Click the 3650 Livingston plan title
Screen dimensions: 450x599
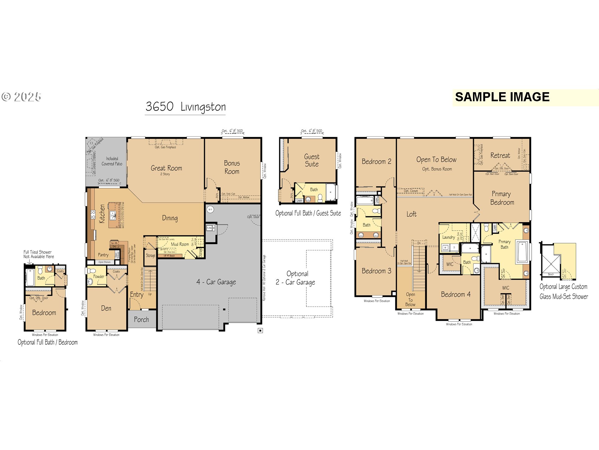coord(185,107)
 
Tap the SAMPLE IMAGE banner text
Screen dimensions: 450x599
coord(502,97)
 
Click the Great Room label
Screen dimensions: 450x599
coord(166,168)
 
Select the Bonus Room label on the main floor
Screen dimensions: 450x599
coord(232,167)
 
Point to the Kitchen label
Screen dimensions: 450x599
coord(102,214)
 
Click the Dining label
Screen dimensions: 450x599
coord(170,218)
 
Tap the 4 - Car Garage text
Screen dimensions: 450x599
coord(216,282)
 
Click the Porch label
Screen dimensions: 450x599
coord(141,319)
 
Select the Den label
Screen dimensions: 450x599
coord(106,308)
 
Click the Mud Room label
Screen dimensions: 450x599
coord(180,244)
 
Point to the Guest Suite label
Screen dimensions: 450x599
coord(311,160)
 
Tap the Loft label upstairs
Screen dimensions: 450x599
coord(411,214)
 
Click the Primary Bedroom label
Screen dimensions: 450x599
coord(502,198)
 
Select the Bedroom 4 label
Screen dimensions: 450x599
coord(455,294)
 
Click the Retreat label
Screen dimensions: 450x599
coord(500,155)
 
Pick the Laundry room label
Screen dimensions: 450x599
coord(448,237)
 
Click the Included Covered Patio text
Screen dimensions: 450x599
coord(112,161)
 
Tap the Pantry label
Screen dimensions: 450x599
coord(103,255)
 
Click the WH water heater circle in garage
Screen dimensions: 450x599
coord(210,209)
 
